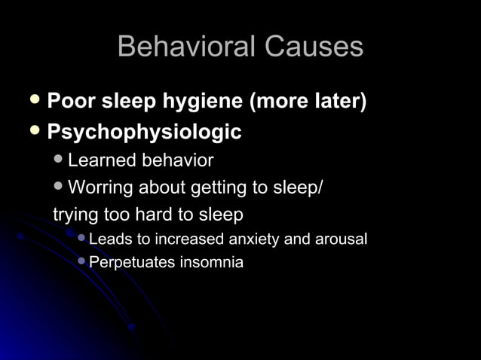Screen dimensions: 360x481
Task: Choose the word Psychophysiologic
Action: coord(144,133)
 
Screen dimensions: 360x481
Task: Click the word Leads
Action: coord(109,239)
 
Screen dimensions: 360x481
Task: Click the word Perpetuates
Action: coord(131,263)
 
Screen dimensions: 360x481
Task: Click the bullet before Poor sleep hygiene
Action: coord(34,99)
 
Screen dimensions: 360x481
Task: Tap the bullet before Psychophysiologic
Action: coord(34,132)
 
